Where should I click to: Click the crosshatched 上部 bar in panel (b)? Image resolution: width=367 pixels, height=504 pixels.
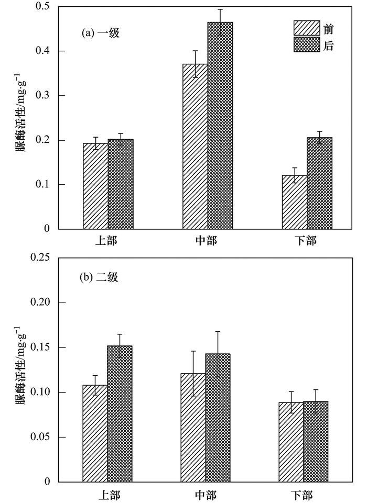point(120,413)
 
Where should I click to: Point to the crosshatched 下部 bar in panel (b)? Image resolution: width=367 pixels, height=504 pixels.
point(316,442)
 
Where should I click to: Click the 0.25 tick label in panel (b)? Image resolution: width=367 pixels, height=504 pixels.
point(40,259)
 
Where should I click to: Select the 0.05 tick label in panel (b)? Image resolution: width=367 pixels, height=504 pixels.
point(40,437)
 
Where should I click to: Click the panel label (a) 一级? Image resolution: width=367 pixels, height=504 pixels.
point(101,33)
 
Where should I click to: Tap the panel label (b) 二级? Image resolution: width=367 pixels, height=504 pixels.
point(99,278)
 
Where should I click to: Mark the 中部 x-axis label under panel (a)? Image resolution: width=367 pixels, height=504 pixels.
point(208,242)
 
